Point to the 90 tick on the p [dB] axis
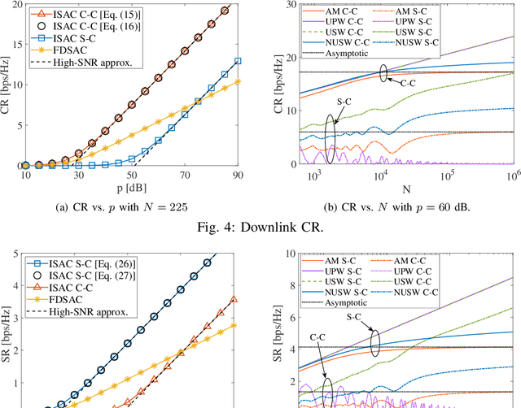[x=237, y=176]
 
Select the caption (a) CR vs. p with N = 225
[x=131, y=206]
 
